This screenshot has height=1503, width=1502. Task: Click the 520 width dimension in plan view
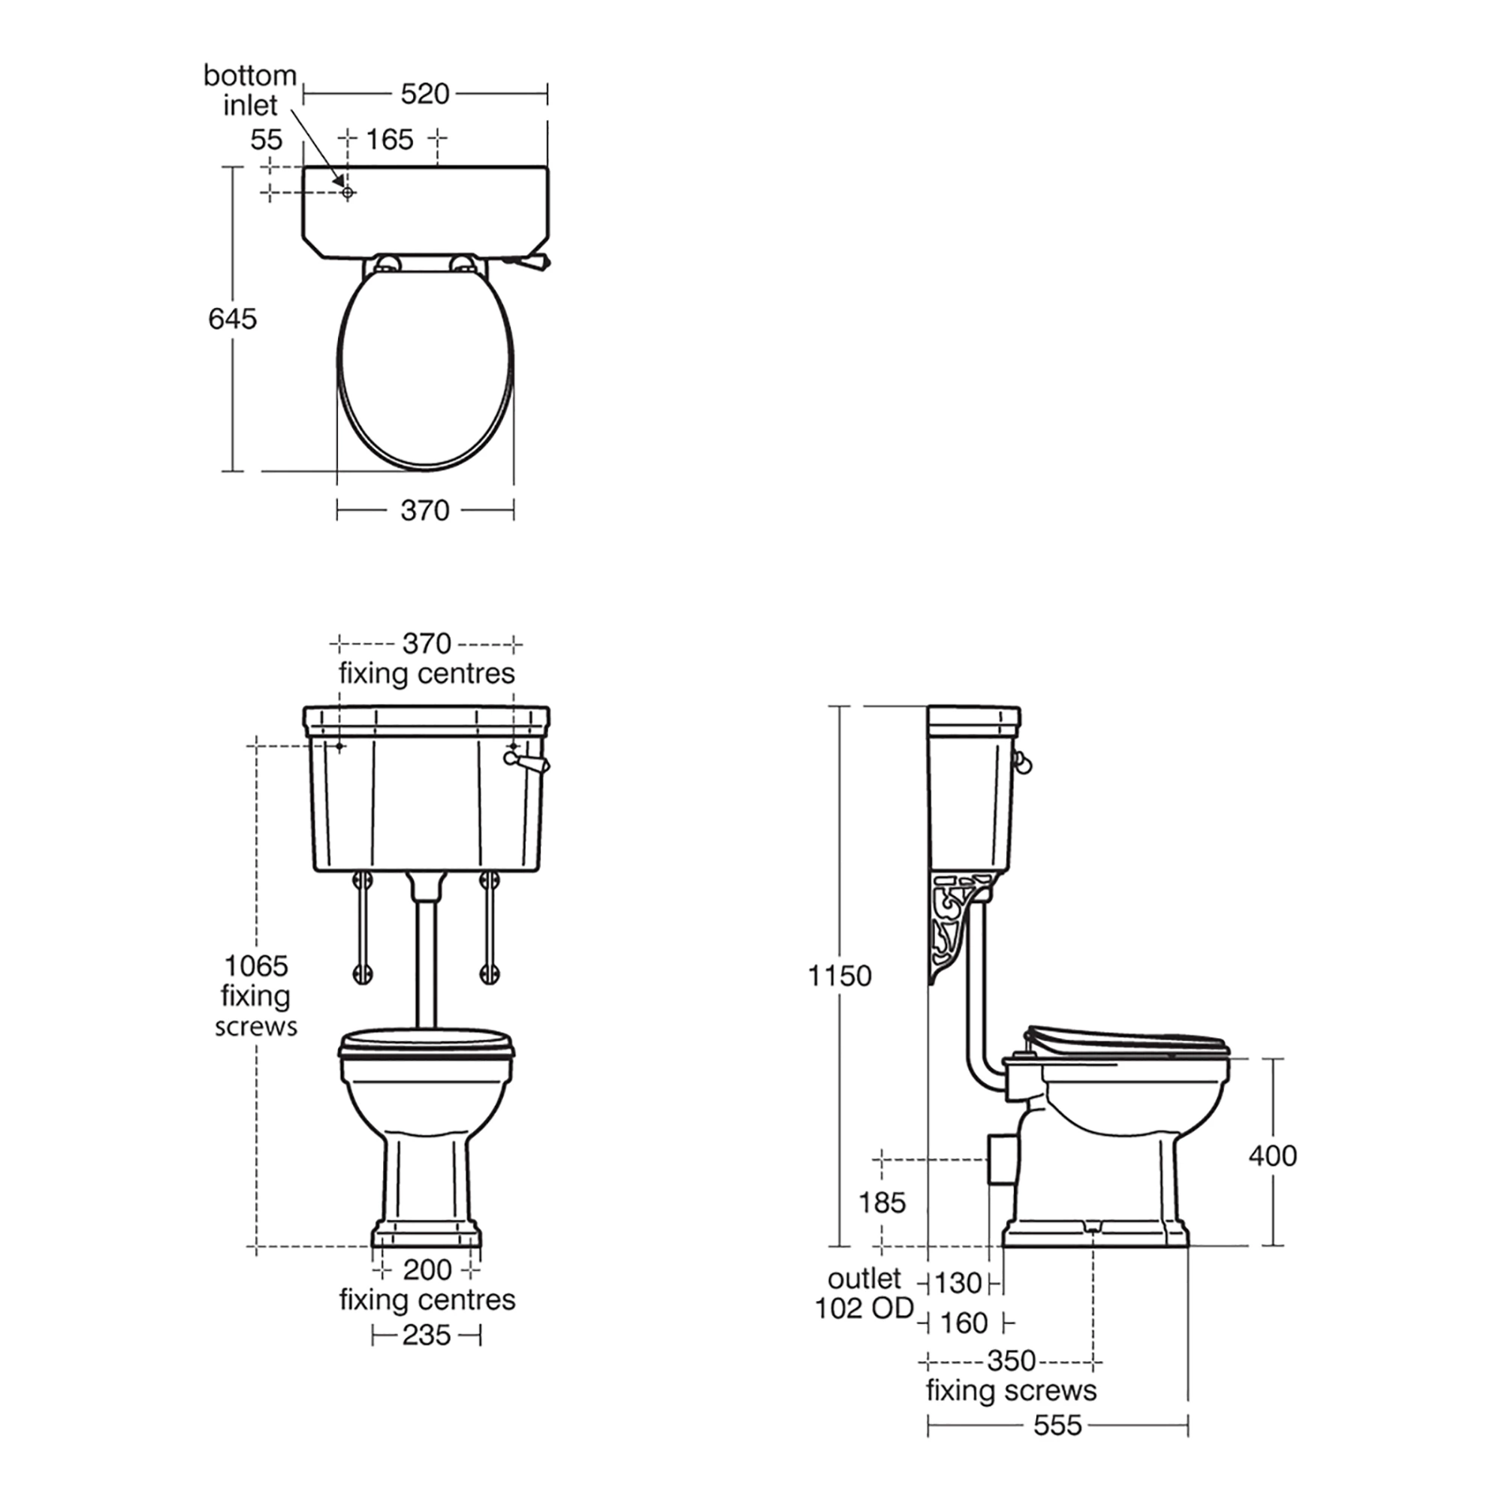(425, 94)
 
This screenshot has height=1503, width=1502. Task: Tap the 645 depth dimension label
(232, 319)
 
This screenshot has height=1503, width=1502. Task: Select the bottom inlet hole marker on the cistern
(348, 192)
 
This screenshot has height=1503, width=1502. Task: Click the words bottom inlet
(249, 90)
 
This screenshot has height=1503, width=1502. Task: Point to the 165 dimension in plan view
(390, 140)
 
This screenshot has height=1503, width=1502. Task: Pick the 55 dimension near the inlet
(266, 140)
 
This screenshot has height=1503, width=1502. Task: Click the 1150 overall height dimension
(840, 976)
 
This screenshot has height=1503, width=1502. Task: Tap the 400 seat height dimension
(1272, 1156)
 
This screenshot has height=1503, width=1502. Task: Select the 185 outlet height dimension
(882, 1203)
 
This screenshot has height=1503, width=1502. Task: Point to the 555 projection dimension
(1057, 1425)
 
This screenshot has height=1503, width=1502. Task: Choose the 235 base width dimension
(427, 1335)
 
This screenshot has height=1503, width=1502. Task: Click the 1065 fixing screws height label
(256, 996)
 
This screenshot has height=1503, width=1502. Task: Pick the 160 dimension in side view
(964, 1323)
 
